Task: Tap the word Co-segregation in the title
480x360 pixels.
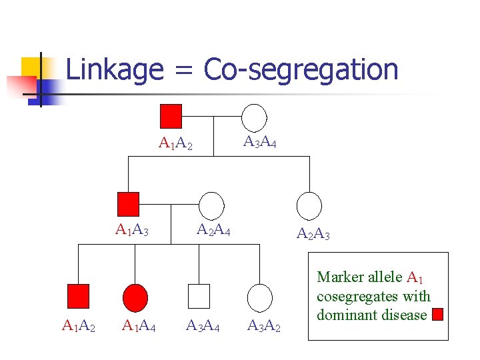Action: [x=301, y=69]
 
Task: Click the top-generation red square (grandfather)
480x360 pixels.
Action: [x=171, y=115]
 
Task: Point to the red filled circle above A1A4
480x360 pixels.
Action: [x=135, y=296]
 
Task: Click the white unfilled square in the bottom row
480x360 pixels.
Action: [x=199, y=295]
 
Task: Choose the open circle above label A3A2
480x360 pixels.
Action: [x=260, y=297]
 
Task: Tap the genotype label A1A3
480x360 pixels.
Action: [x=132, y=231]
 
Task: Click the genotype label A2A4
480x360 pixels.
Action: [x=213, y=231]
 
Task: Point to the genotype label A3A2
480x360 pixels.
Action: [x=264, y=327]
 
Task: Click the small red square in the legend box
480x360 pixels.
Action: [x=437, y=315]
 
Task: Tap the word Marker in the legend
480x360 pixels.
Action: [x=339, y=277]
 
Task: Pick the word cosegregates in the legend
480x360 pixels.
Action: [x=359, y=296]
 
